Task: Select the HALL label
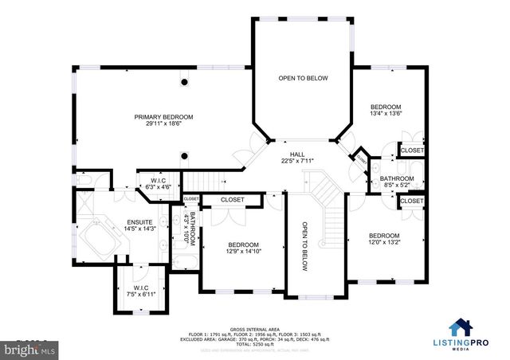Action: (x=297, y=155)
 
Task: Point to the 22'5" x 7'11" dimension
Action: (x=297, y=162)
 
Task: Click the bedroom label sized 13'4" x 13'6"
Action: (x=386, y=107)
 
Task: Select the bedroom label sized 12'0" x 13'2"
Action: (x=384, y=236)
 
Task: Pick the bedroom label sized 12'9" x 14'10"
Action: (x=243, y=245)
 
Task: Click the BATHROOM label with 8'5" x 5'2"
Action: (x=396, y=178)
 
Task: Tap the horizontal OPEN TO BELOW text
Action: (x=303, y=78)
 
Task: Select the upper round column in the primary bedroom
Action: (x=185, y=82)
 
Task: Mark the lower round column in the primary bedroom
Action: (x=185, y=155)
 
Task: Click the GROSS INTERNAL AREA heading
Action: (x=255, y=327)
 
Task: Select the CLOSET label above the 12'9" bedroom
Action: (x=232, y=199)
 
